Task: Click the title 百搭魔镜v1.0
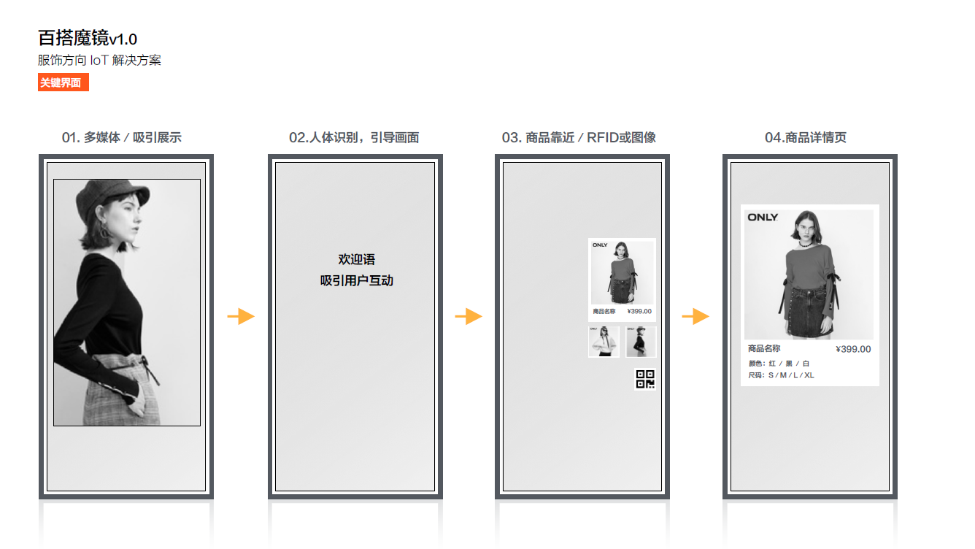click(88, 39)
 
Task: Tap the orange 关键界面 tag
click(63, 83)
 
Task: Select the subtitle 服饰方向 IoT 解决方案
click(99, 61)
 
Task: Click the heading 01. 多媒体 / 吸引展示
click(122, 137)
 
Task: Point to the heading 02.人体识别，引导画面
click(354, 137)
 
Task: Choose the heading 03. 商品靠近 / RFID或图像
click(579, 137)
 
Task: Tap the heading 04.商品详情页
click(806, 137)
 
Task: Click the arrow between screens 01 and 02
click(241, 316)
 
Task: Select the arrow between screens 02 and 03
click(469, 316)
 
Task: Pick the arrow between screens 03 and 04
click(695, 316)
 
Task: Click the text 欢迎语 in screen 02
click(357, 260)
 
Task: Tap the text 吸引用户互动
click(357, 281)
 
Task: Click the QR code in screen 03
click(645, 379)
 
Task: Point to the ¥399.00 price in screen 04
click(853, 349)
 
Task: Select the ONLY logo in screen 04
click(762, 218)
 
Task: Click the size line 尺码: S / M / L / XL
click(781, 375)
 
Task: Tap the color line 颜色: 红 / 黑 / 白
click(779, 364)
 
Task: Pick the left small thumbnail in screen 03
click(604, 342)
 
